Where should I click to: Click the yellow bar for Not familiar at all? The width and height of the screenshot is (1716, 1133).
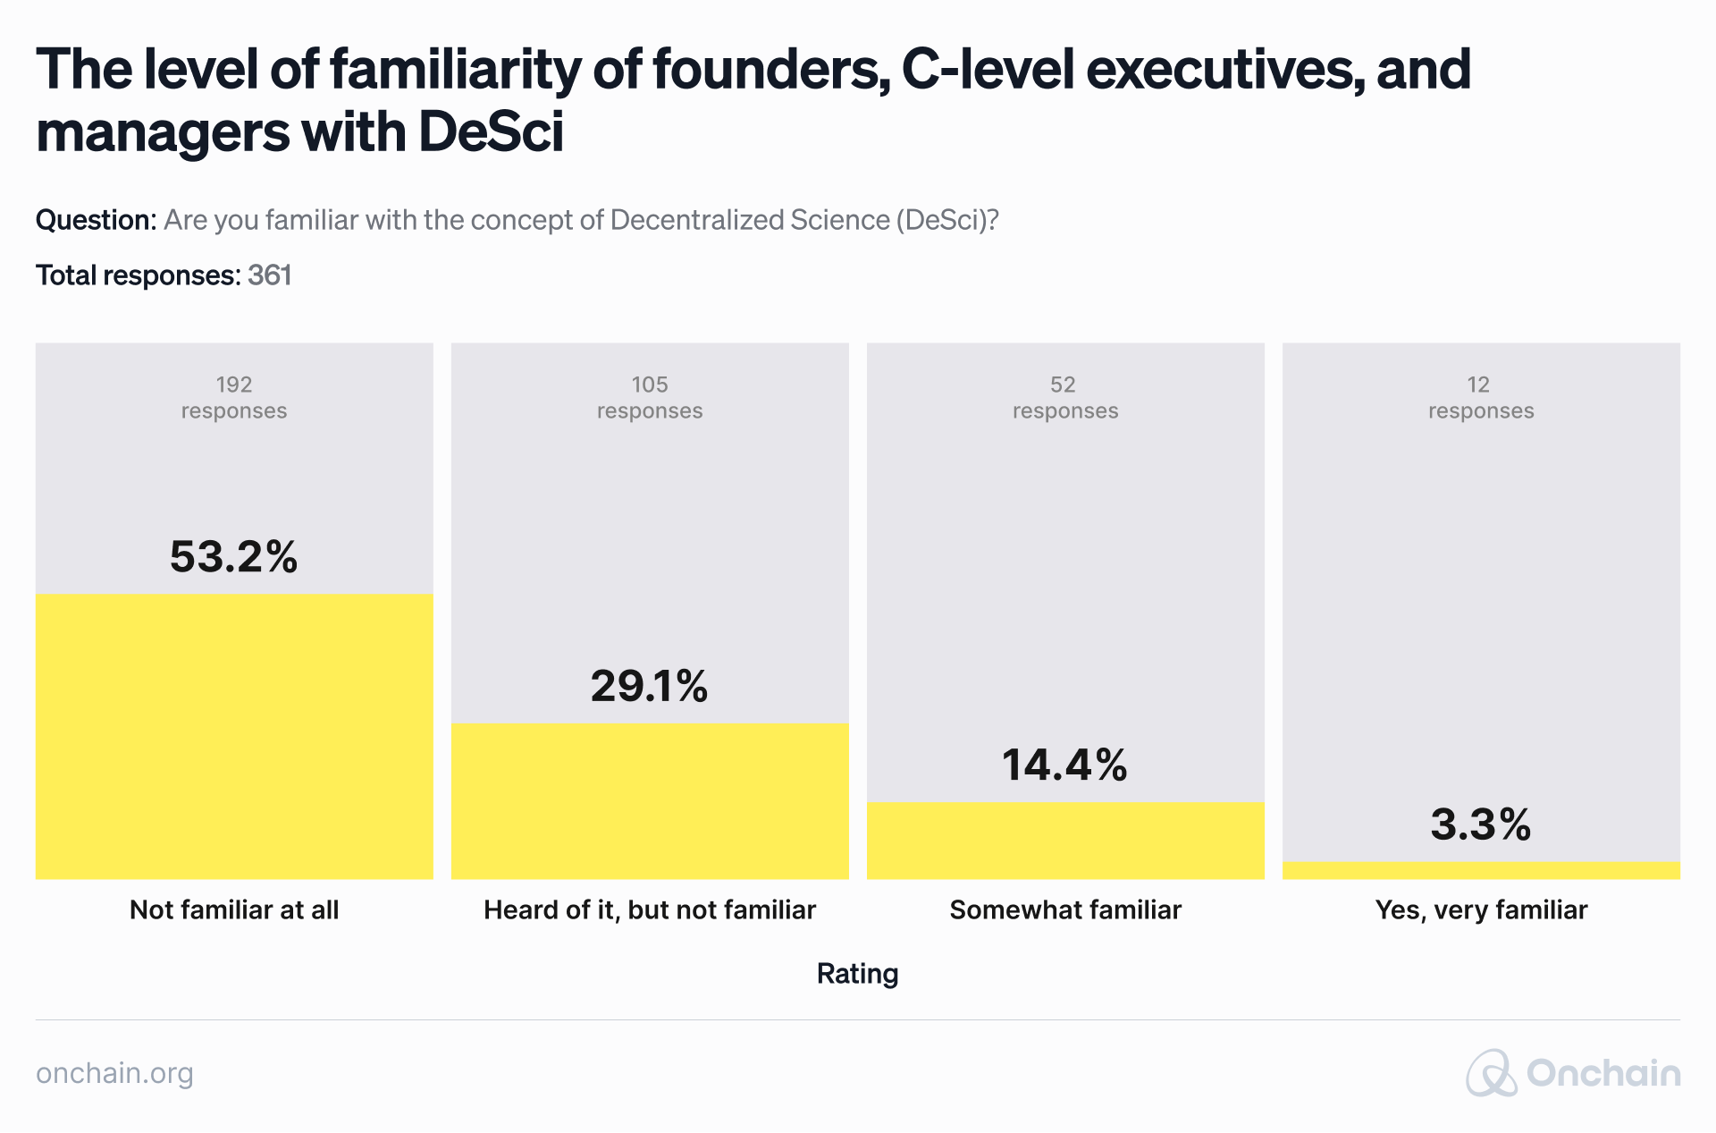point(234,736)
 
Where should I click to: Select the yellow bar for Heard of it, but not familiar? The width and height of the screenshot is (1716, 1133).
point(650,801)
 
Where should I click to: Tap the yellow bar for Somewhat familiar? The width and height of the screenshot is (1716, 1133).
point(1065,841)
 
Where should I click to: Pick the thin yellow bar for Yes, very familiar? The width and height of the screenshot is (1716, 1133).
point(1481,870)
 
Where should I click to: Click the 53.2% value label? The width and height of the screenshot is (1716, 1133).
point(234,556)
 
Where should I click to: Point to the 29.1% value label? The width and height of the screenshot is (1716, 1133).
point(650,686)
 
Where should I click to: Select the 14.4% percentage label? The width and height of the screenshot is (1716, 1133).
point(1065,765)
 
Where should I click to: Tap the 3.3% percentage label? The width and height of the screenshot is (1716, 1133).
point(1481,824)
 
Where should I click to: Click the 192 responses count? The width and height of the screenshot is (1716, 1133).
point(234,398)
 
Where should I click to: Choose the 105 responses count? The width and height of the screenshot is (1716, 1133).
point(650,398)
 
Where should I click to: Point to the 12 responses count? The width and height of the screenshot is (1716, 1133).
point(1481,398)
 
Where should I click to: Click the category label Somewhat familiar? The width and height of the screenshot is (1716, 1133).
point(1065,910)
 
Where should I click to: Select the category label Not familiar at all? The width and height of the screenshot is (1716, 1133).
point(234,910)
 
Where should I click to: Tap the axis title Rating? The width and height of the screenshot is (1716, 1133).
point(857,973)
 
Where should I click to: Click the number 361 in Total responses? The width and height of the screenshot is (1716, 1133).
point(270,275)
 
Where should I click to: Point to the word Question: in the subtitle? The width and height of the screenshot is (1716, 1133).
point(97,220)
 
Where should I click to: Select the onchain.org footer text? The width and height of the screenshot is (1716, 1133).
point(114,1073)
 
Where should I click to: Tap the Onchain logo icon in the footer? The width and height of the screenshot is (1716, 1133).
point(1491,1073)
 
